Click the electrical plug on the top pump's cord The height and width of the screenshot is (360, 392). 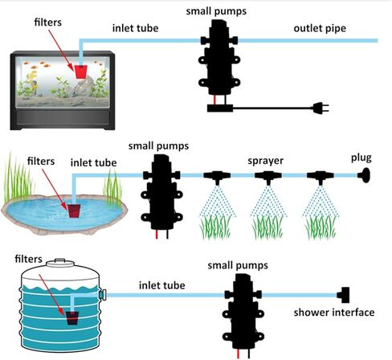pyautogui.click(x=320, y=108)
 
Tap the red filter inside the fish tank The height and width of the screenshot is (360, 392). pyautogui.click(x=80, y=72)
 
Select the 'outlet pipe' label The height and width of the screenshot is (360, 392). pyautogui.click(x=320, y=28)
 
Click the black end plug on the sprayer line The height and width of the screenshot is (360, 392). pyautogui.click(x=365, y=175)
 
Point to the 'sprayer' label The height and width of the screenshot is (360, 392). pyautogui.click(x=265, y=161)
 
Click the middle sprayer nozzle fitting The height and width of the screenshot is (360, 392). pyautogui.click(x=268, y=178)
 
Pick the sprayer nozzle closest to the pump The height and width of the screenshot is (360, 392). pyautogui.click(x=217, y=178)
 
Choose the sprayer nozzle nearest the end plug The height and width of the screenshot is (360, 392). pyautogui.click(x=321, y=178)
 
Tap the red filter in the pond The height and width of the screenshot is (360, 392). pyautogui.click(x=74, y=211)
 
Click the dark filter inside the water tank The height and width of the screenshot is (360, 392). pyautogui.click(x=72, y=318)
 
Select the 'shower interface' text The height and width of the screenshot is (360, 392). pyautogui.click(x=334, y=313)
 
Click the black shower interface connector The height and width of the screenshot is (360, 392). pyautogui.click(x=343, y=295)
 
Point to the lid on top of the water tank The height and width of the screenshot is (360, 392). pyautogui.click(x=60, y=263)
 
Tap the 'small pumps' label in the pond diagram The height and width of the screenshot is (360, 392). pyautogui.click(x=158, y=146)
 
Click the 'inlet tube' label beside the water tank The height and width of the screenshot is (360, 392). pyautogui.click(x=161, y=285)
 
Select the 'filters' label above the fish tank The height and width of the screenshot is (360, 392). pyautogui.click(x=48, y=22)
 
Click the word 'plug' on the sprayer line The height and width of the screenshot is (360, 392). pyautogui.click(x=361, y=158)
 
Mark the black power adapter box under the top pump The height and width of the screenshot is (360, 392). pyautogui.click(x=220, y=108)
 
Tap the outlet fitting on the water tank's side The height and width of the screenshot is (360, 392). pyautogui.click(x=103, y=295)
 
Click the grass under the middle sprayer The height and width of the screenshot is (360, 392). pyautogui.click(x=267, y=227)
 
